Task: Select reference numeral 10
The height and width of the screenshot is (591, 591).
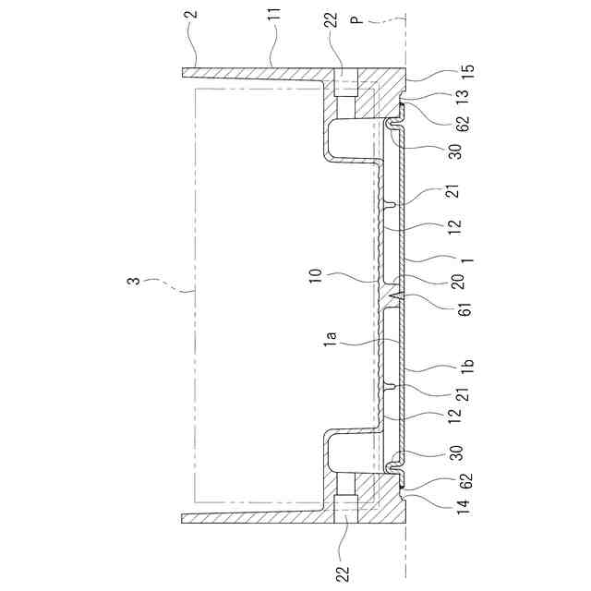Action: pyautogui.click(x=316, y=275)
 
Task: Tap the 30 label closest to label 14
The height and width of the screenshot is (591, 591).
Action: pyautogui.click(x=456, y=452)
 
